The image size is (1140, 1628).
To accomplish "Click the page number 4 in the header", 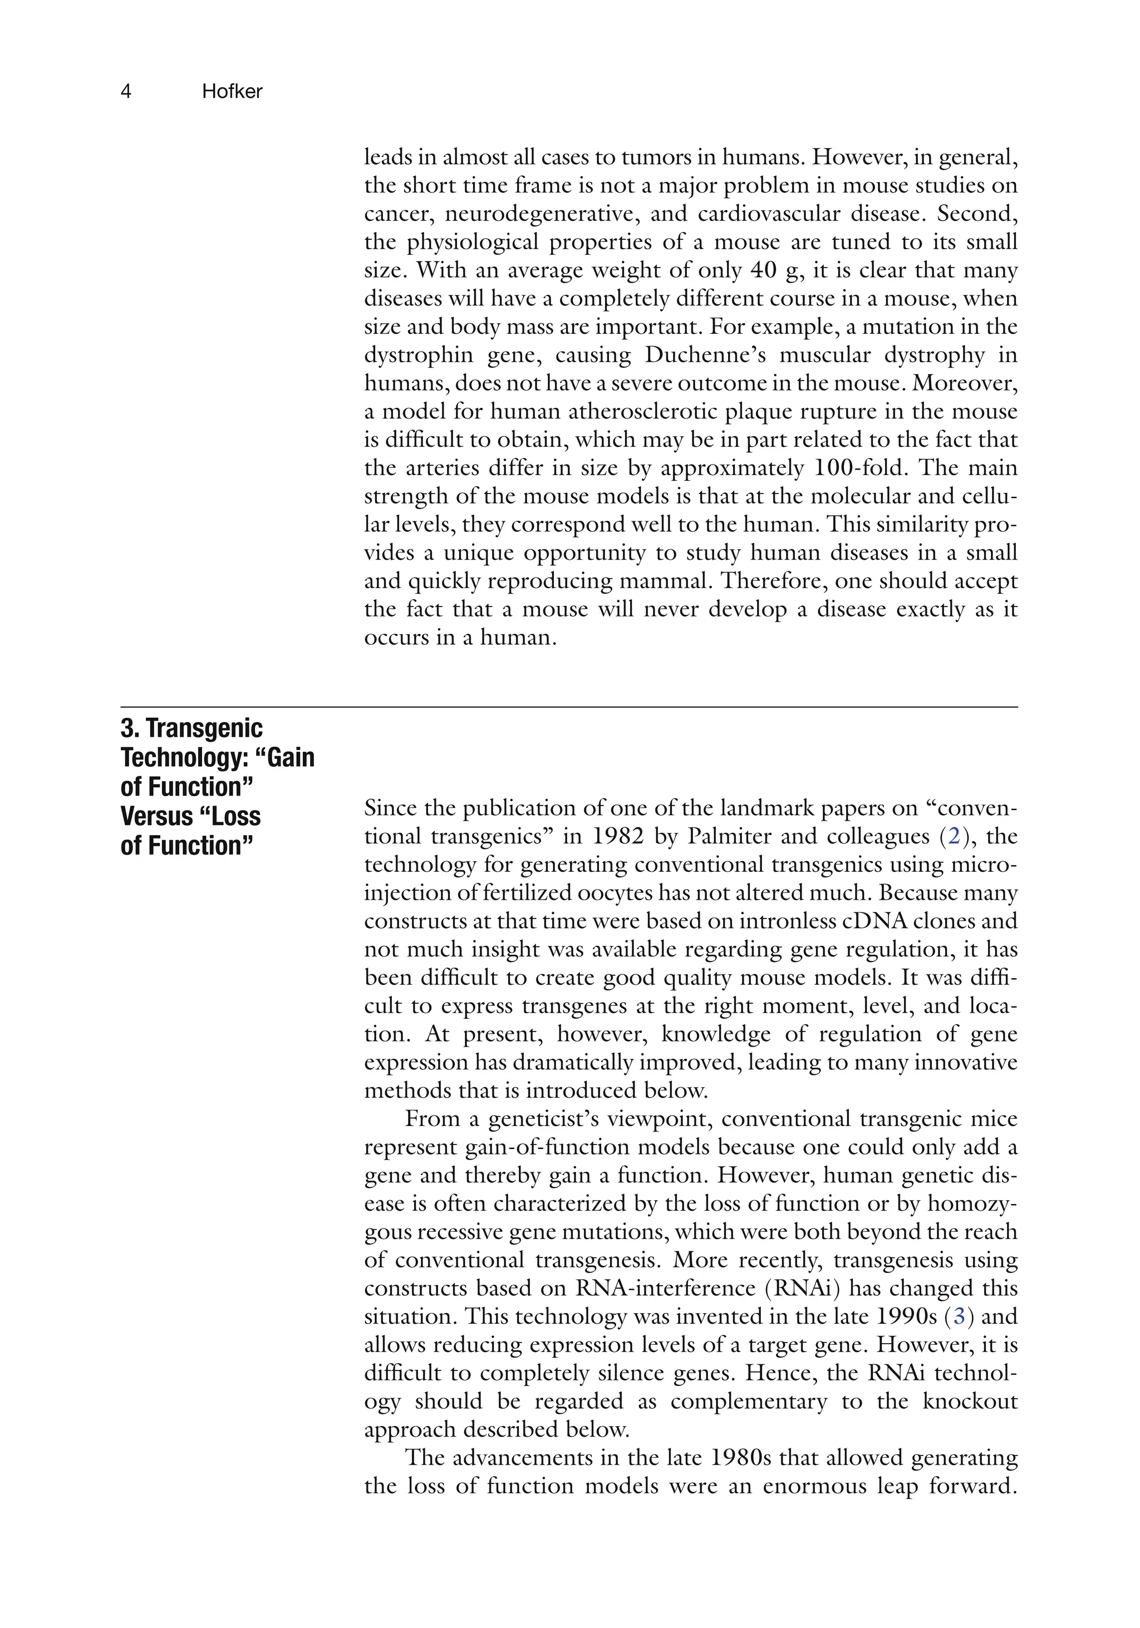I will click(x=126, y=91).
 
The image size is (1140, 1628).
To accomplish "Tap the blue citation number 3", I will click(x=959, y=1317).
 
